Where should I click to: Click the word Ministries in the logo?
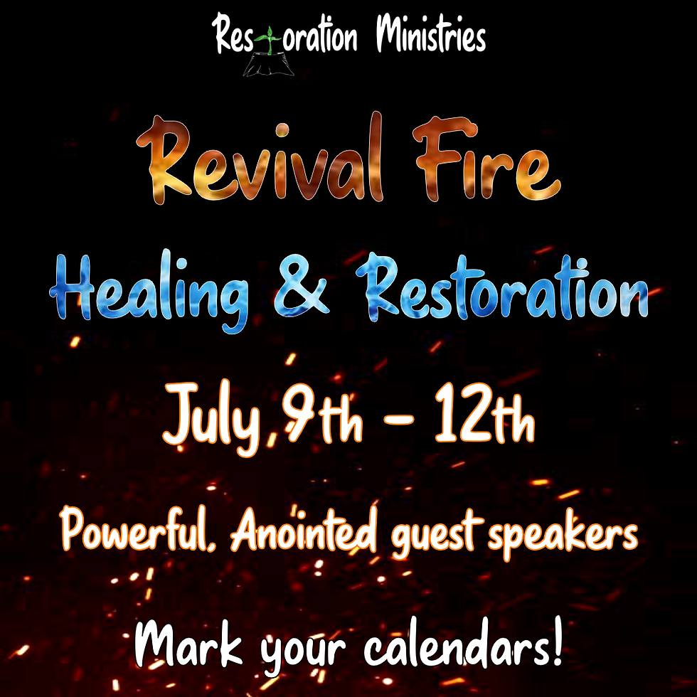[x=430, y=37]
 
